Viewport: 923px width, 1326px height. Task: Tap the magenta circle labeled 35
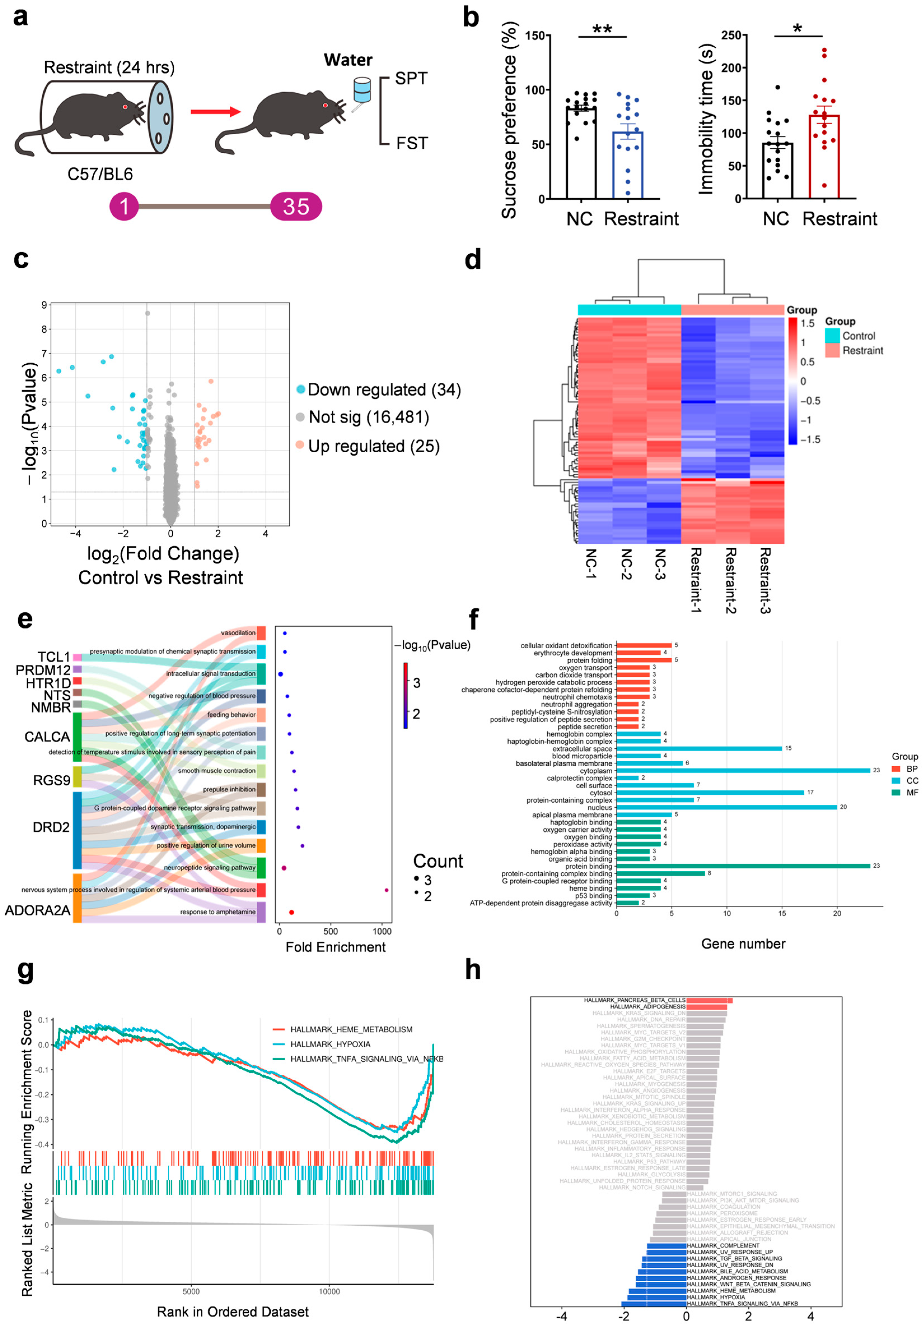pos(296,206)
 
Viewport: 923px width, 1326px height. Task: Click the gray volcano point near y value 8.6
pos(147,313)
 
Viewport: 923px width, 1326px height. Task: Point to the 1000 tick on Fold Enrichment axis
pos(382,931)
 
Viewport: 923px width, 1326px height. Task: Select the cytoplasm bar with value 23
pos(743,770)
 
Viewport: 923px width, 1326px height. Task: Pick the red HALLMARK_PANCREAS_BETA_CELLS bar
pos(709,1000)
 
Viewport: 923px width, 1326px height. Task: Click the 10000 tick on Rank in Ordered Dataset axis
pos(329,1291)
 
